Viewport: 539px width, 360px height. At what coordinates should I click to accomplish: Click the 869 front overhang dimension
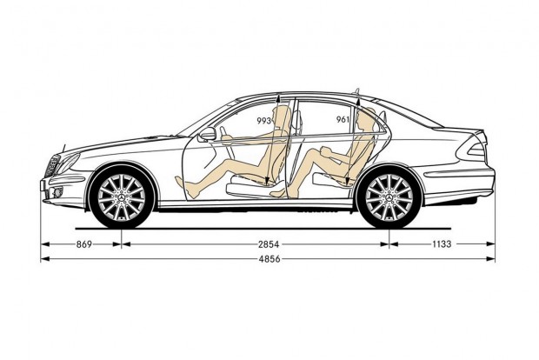coord(84,244)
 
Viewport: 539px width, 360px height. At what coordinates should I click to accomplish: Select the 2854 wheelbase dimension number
coord(269,244)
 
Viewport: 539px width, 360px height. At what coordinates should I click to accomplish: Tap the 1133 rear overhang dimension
coord(442,244)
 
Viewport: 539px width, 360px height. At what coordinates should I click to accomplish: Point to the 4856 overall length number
coord(269,259)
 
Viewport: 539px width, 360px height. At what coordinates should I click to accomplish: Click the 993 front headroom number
coord(264,120)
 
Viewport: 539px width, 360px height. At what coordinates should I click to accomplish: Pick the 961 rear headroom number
coord(343,119)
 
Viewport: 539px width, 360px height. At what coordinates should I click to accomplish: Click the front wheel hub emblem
coord(122,197)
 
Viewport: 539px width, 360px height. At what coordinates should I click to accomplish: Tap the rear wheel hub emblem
coord(389,197)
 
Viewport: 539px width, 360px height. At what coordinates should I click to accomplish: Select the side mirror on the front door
coord(207,134)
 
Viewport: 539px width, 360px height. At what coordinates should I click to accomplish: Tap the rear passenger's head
coord(365,118)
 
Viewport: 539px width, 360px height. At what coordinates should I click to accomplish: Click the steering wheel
coord(224,137)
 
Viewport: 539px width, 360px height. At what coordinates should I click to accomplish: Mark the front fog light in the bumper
coord(57,192)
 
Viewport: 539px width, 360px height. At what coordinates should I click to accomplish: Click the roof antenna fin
coord(356,91)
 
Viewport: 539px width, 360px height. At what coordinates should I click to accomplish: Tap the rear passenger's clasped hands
coord(326,151)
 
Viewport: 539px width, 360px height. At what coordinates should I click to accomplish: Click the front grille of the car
coord(51,166)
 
